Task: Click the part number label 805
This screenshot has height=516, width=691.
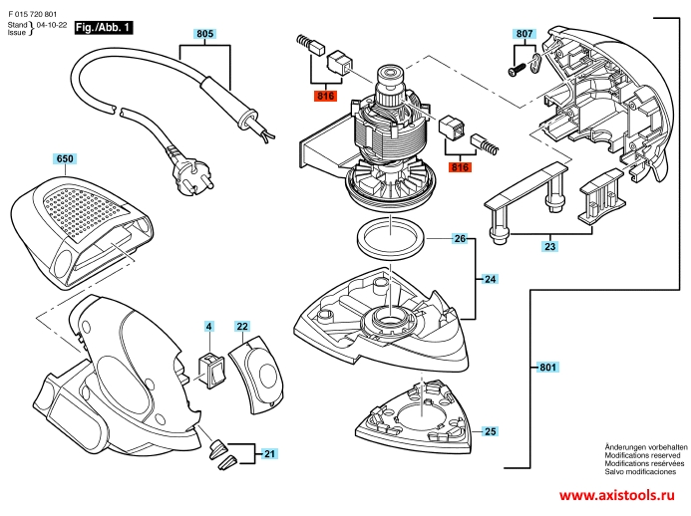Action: pyautogui.click(x=205, y=34)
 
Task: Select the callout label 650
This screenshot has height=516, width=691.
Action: pyautogui.click(x=65, y=158)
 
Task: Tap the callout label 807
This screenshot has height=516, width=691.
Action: pyautogui.click(x=525, y=34)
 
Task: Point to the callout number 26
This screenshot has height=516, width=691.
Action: pyautogui.click(x=460, y=239)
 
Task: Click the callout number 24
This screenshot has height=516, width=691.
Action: pyautogui.click(x=490, y=280)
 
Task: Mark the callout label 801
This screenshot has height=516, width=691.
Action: pyautogui.click(x=546, y=368)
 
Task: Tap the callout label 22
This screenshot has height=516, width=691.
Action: pyautogui.click(x=242, y=326)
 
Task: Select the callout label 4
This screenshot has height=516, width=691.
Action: pyautogui.click(x=209, y=326)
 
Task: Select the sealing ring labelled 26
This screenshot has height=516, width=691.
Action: pyautogui.click(x=390, y=239)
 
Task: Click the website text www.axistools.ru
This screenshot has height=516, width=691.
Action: pyautogui.click(x=622, y=495)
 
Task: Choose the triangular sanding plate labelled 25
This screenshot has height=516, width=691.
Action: pyautogui.click(x=411, y=410)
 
